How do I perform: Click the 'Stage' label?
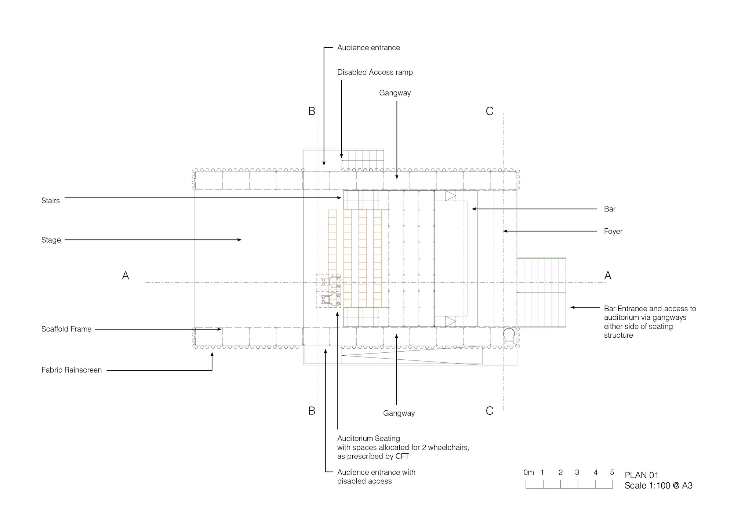point(51,240)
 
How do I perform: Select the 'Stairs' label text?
point(50,200)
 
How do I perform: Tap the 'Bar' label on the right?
point(610,209)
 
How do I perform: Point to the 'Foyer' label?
point(613,232)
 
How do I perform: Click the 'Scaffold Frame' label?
point(66,329)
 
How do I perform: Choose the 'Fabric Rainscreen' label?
point(72,370)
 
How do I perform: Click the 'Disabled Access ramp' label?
point(375,72)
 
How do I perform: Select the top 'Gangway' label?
point(395,93)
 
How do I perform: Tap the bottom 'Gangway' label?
point(399,413)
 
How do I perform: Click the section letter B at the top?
point(312,111)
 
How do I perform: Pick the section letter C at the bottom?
point(490,411)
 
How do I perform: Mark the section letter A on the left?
point(126,276)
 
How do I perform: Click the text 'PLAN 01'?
point(642,476)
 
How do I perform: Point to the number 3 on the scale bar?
point(577,473)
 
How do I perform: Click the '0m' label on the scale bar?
point(528,473)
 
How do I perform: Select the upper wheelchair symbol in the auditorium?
point(331,282)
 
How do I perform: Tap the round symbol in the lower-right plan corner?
point(509,335)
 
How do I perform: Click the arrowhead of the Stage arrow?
point(240,240)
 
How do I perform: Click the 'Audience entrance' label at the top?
point(368,48)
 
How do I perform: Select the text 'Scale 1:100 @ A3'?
point(658,486)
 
